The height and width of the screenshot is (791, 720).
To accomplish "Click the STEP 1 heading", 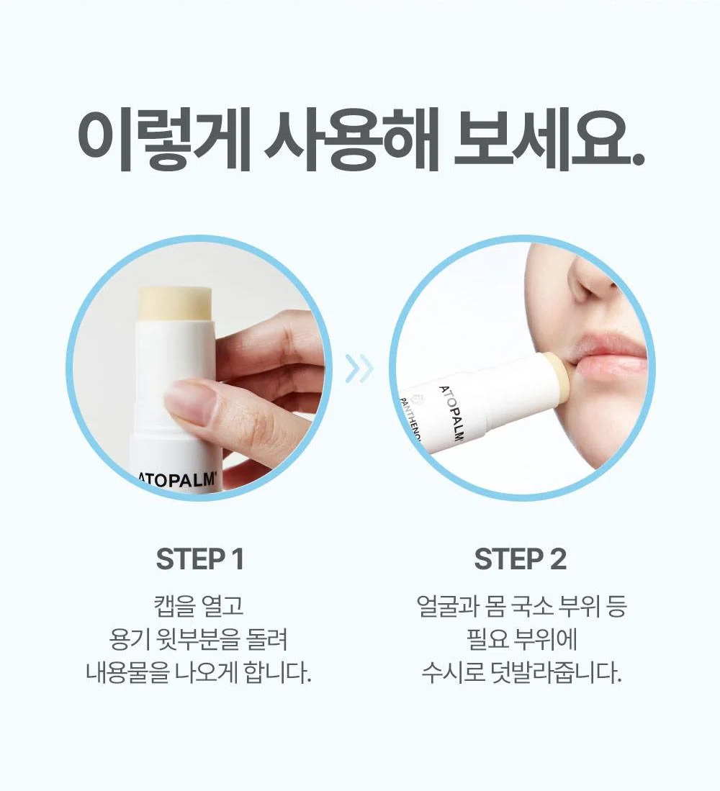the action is pyautogui.click(x=200, y=559).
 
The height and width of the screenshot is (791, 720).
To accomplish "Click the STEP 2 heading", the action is pyautogui.click(x=520, y=559).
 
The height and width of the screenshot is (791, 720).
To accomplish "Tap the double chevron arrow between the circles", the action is pyautogui.click(x=360, y=368).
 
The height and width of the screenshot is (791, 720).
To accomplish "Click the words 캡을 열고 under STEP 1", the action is pyautogui.click(x=199, y=606).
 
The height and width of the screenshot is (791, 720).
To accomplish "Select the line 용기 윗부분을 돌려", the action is pyautogui.click(x=199, y=639).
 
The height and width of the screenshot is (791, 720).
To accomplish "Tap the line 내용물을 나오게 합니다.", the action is pyautogui.click(x=199, y=672).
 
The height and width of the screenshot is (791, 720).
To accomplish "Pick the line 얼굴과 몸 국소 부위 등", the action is pyautogui.click(x=521, y=606).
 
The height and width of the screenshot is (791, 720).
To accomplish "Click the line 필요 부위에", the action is pyautogui.click(x=521, y=639).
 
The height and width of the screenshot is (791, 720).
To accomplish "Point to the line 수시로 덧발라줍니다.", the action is pyautogui.click(x=521, y=672).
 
